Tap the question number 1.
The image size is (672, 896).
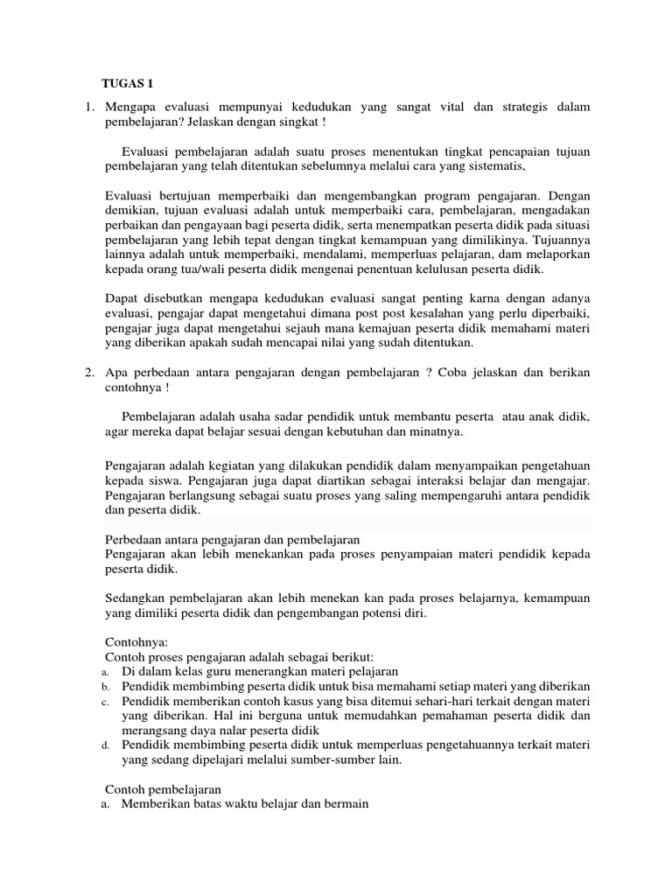88,107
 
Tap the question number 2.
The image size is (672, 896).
88,373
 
